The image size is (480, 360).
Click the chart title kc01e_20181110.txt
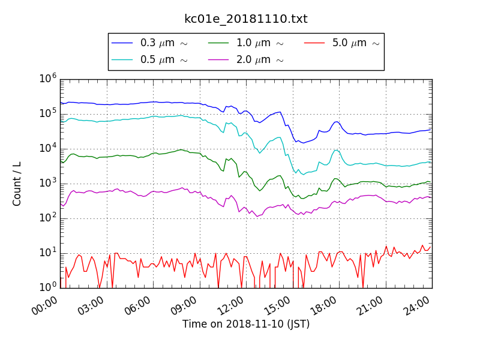pos(245,19)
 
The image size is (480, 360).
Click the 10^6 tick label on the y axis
pos(48,79)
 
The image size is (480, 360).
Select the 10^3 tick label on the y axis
pos(48,183)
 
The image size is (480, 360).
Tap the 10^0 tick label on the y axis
pos(48,287)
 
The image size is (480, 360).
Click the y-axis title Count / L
pos(17,184)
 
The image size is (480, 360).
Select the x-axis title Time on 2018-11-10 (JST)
pos(246,325)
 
